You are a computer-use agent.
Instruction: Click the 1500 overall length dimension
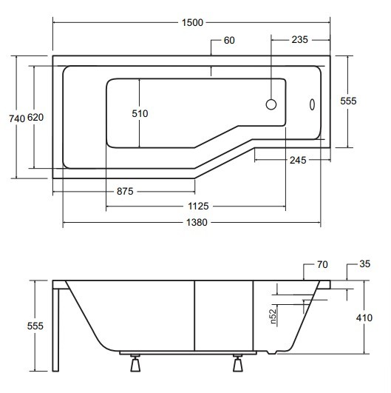coord(192,22)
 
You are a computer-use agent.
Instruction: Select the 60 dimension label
coord(229,41)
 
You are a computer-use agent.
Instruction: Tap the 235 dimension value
coord(299,40)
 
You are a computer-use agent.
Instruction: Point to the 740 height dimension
coord(17,118)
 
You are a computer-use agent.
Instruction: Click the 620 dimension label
coord(35,117)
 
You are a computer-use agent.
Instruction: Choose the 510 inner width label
coord(140,113)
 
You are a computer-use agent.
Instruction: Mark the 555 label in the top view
coord(348,101)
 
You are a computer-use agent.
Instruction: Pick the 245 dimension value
coord(298,160)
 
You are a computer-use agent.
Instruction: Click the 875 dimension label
coord(125,192)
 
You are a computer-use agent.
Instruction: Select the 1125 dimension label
coord(198,206)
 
